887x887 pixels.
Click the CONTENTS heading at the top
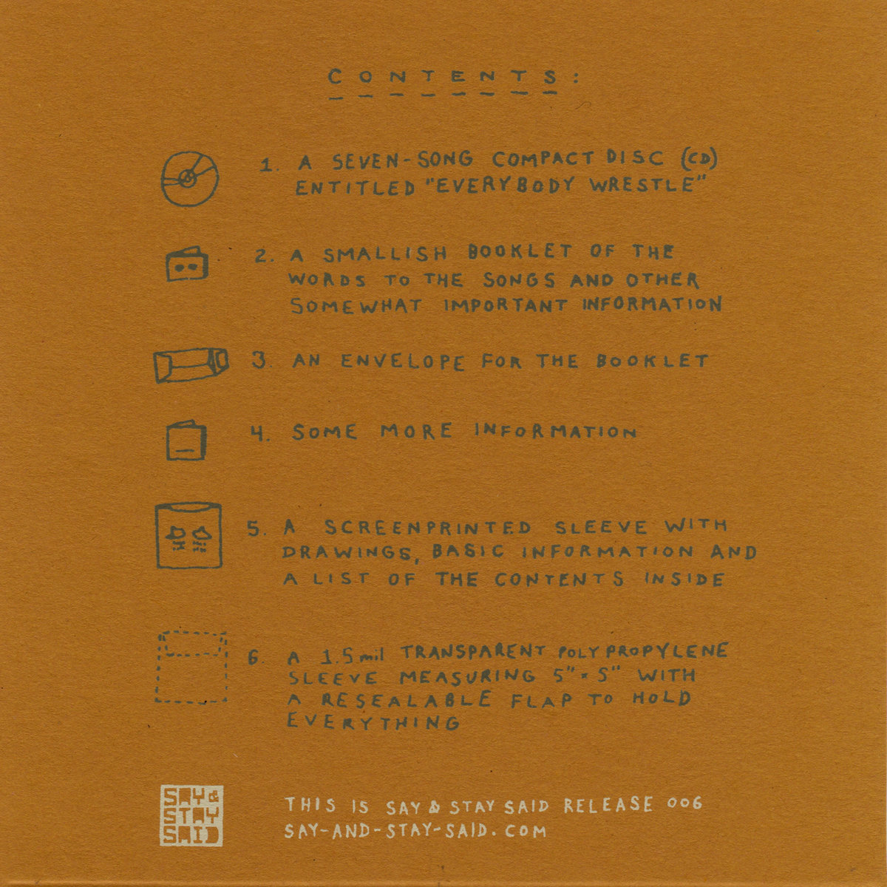[453, 78]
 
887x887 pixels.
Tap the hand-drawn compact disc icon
[162, 179]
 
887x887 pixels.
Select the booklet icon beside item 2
[187, 264]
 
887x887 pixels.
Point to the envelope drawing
[191, 365]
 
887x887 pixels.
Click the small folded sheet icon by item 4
[186, 441]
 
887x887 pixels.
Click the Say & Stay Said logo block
[191, 815]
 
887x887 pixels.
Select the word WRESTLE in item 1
[648, 185]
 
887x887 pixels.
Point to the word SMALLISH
[385, 254]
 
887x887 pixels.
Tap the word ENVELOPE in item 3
[403, 361]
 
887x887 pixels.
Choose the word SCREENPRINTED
[428, 528]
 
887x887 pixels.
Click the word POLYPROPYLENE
[643, 651]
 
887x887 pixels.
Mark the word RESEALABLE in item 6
[407, 700]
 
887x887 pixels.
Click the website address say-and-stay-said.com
[415, 831]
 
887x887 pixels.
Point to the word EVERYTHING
[373, 722]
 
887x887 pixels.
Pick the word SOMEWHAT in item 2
[356, 305]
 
